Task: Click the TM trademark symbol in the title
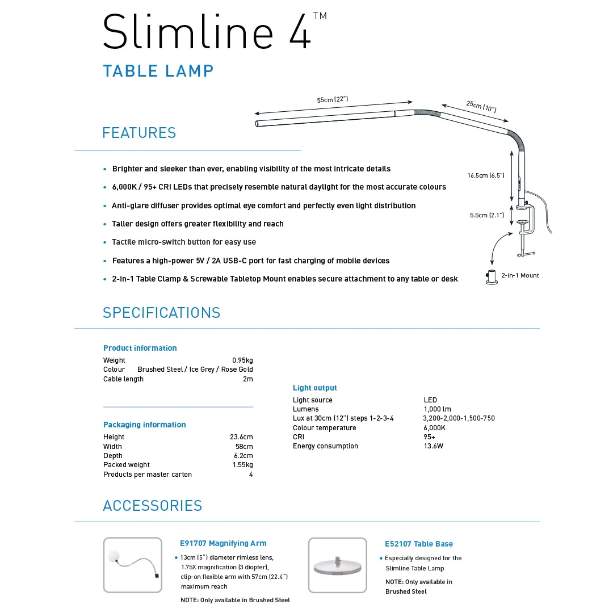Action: (320, 16)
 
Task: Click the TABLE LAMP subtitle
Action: (158, 71)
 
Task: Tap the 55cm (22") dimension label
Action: (332, 100)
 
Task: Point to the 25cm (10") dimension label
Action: (481, 106)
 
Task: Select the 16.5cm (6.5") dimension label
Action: (486, 175)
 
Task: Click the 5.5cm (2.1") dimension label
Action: (487, 216)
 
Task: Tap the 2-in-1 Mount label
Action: (520, 276)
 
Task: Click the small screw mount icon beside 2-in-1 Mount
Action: (492, 277)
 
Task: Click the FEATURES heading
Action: (139, 133)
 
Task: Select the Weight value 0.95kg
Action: (242, 360)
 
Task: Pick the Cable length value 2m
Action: (248, 379)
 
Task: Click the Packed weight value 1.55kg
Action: (243, 465)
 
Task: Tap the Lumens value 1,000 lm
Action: (437, 409)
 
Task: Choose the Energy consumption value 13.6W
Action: (434, 446)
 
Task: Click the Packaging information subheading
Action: (145, 425)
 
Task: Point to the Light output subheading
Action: (314, 388)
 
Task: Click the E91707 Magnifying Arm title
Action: (223, 543)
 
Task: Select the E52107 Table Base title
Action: (419, 544)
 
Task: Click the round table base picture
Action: (337, 565)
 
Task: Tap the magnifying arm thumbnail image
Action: (132, 565)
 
